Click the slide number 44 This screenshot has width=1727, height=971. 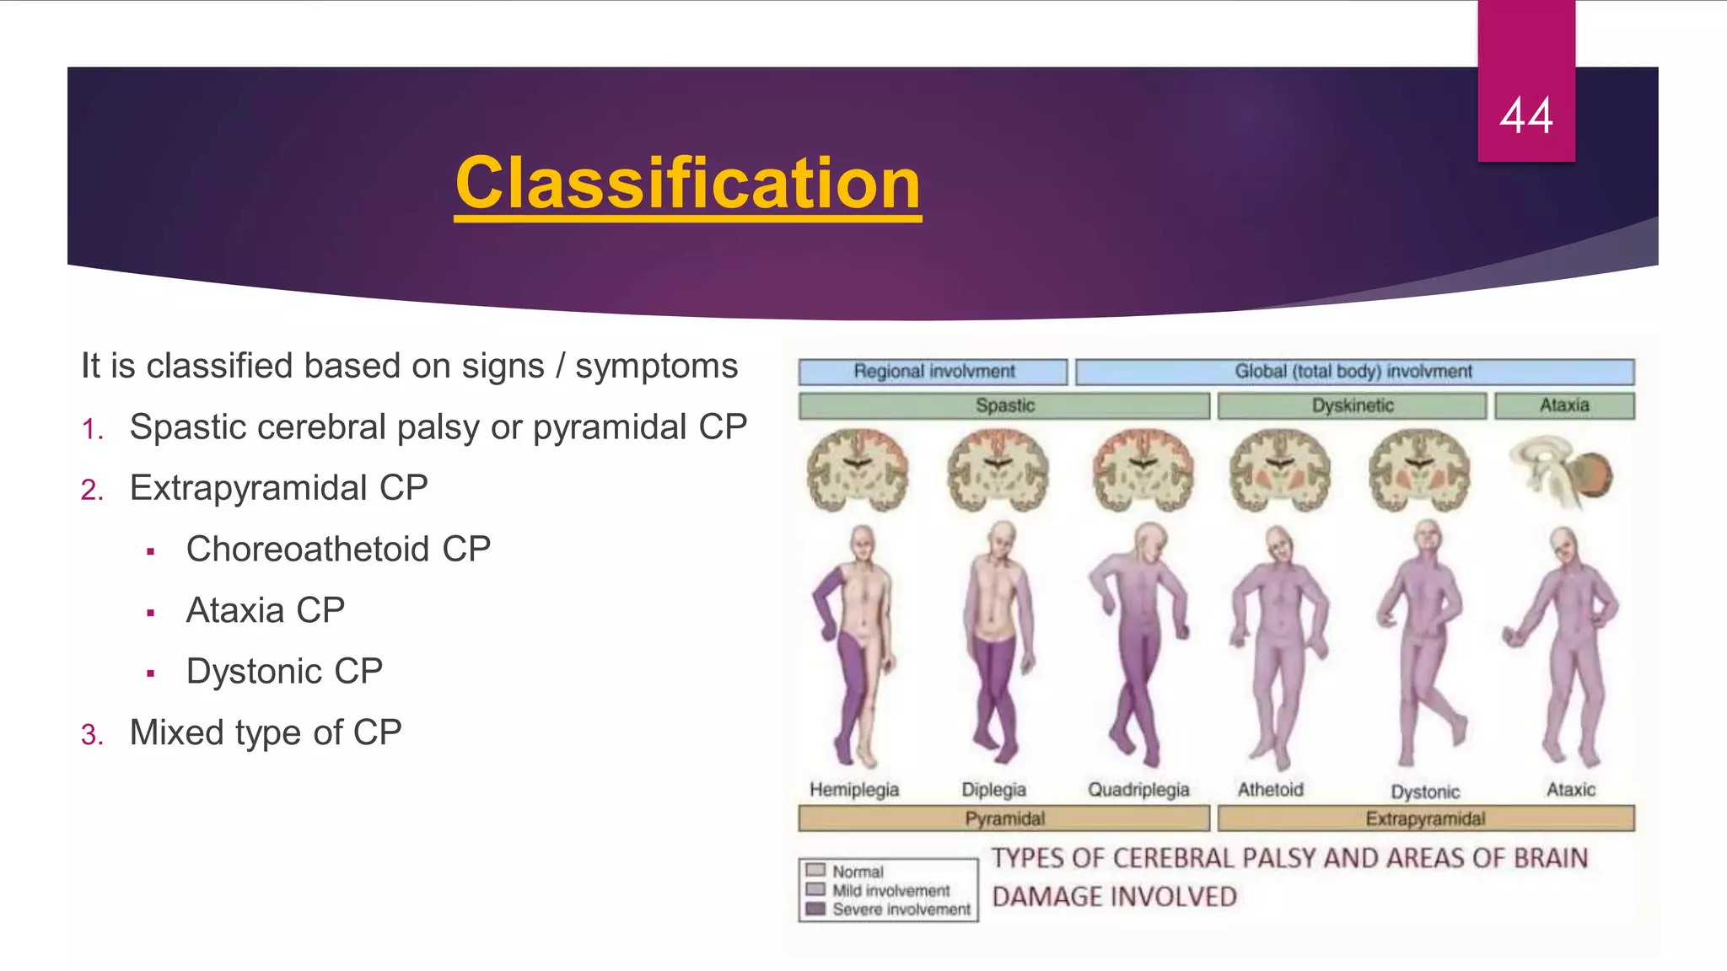(1525, 115)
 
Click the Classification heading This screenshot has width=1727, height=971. (687, 184)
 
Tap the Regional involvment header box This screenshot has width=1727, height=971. (933, 372)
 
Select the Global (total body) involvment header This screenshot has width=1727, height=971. (1353, 372)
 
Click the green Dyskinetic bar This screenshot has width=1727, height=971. (1352, 405)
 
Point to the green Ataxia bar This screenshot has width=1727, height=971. (1564, 405)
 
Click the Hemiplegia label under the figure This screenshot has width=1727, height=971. (853, 790)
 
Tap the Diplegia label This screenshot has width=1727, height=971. (993, 790)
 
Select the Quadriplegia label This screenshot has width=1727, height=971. (1138, 790)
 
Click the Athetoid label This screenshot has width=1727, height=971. (1270, 790)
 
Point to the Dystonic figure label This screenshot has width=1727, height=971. (1425, 792)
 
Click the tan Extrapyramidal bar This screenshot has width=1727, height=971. (1425, 818)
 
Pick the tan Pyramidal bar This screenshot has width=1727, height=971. (1003, 818)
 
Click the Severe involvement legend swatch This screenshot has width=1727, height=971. (815, 909)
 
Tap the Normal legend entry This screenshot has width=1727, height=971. (858, 872)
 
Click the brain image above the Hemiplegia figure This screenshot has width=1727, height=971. (857, 470)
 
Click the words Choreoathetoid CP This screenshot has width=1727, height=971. (338, 550)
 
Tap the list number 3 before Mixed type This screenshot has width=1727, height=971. (92, 735)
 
